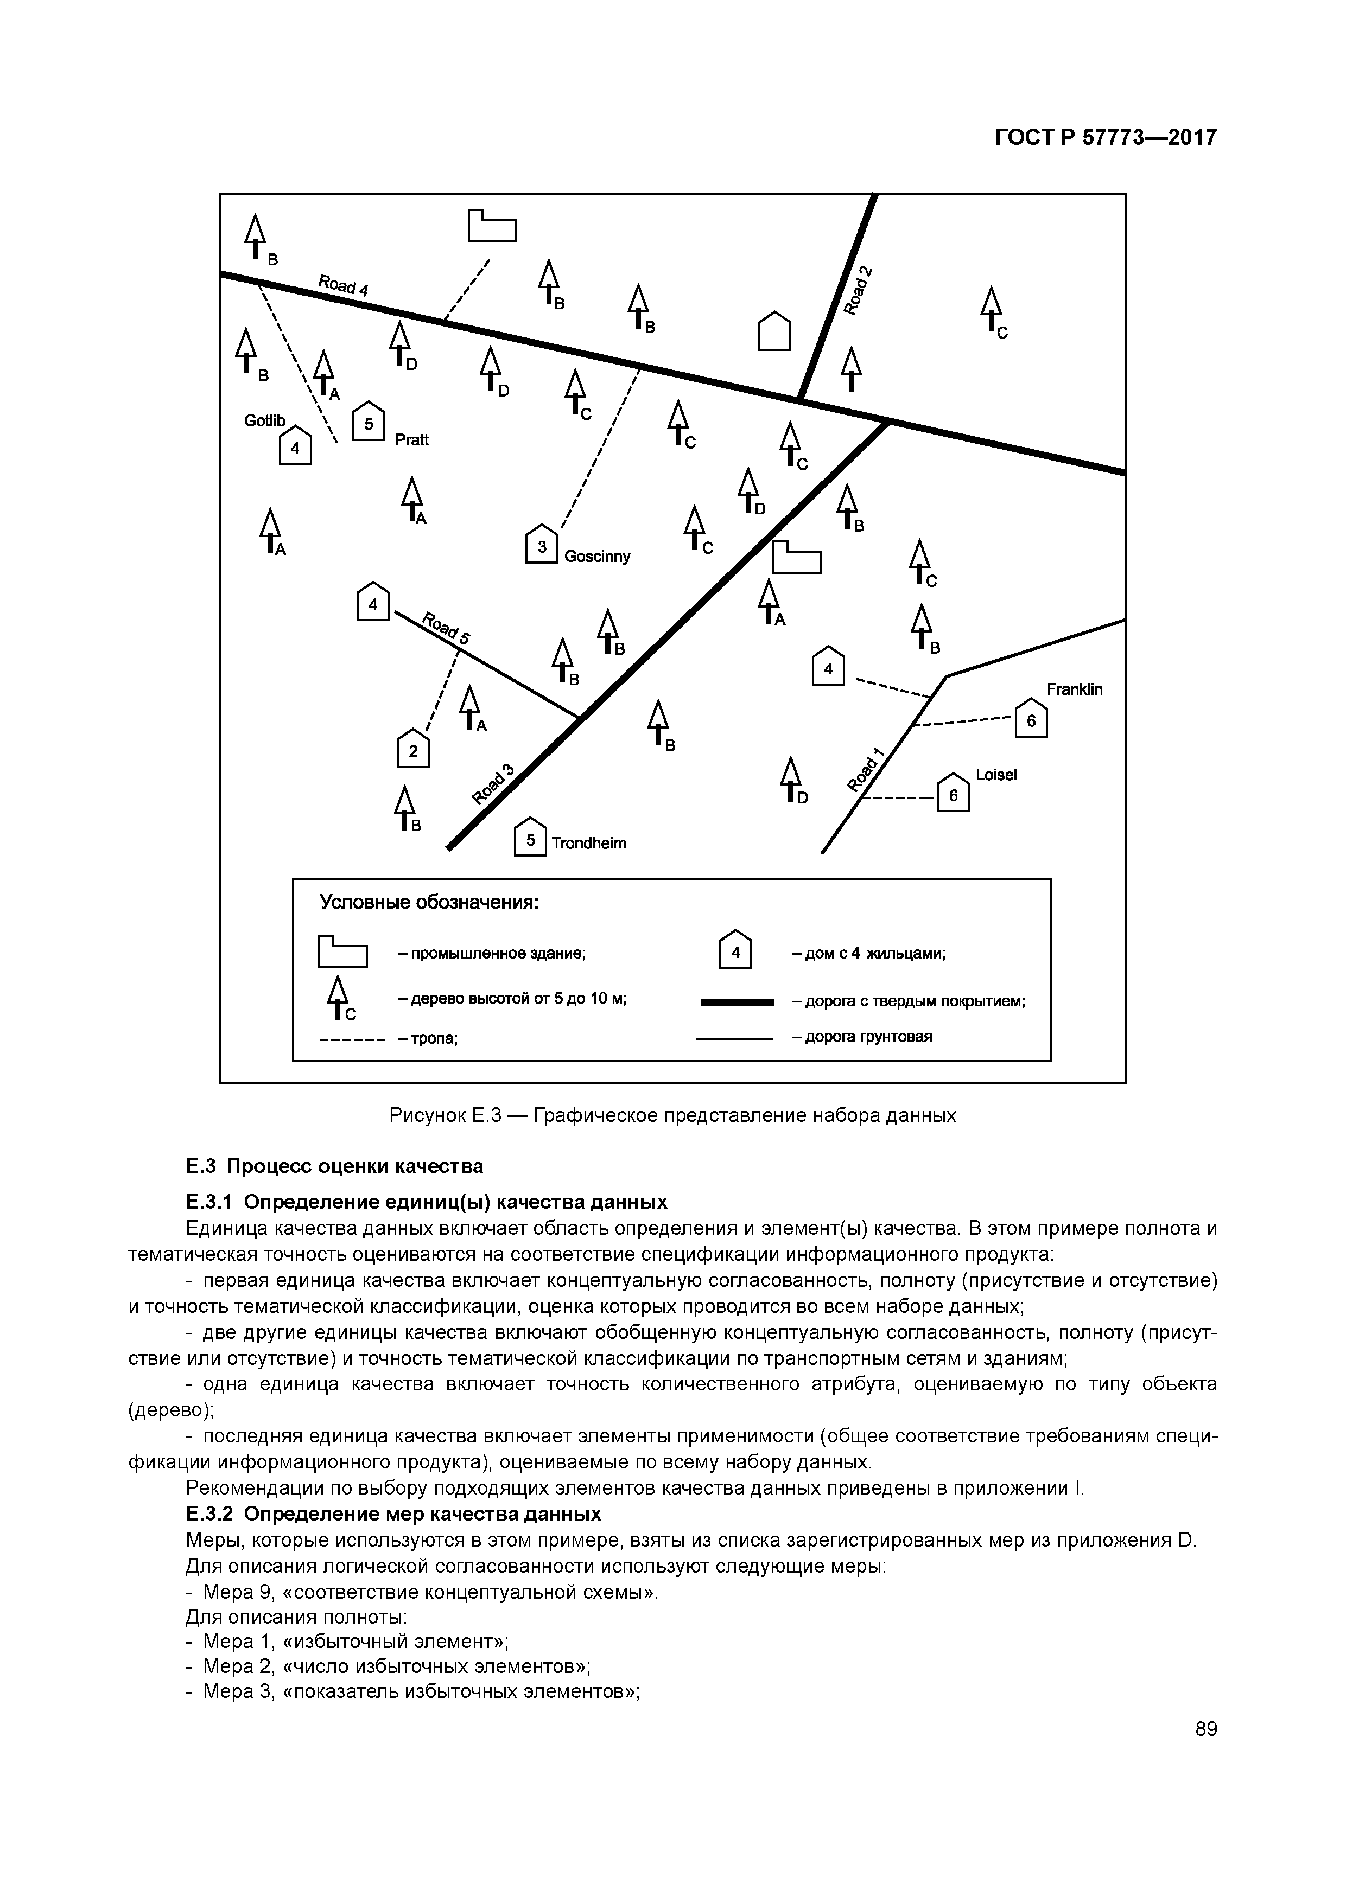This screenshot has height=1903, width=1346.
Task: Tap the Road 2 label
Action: tap(859, 290)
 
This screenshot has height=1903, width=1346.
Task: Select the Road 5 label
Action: tap(446, 628)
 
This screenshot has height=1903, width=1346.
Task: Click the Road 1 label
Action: tap(867, 770)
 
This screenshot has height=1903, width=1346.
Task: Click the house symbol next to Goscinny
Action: tap(542, 545)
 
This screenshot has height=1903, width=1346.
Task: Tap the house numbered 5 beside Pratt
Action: tap(369, 422)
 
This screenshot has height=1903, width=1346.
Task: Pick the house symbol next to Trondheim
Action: tap(531, 838)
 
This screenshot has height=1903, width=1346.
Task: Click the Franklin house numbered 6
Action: tap(1031, 719)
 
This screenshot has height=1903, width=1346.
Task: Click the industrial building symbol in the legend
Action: tap(342, 951)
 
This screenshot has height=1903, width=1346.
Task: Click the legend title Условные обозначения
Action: tap(430, 902)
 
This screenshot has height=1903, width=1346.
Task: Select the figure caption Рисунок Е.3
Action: tap(672, 1116)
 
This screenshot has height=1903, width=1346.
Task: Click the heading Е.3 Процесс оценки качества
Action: tap(334, 1166)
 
